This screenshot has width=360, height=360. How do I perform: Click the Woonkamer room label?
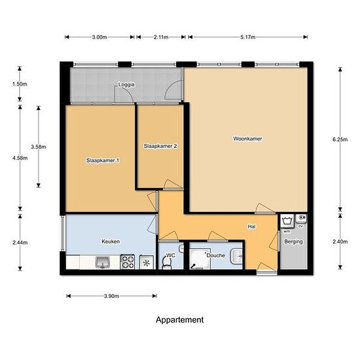coord(247,139)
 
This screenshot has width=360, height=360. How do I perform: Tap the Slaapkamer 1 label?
coord(103,160)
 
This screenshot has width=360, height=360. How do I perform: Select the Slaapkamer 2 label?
coord(160,146)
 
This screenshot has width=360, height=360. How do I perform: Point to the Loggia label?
coord(126,84)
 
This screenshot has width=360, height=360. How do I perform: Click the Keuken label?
coord(111,242)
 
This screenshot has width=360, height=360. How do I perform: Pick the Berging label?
coord(293,242)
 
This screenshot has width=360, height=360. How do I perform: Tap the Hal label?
coord(251,226)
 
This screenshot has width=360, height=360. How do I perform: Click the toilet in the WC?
coord(167,263)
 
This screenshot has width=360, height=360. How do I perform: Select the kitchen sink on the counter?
coord(103,262)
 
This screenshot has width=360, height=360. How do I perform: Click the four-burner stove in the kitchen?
coord(128,262)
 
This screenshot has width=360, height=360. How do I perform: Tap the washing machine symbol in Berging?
coord(287,221)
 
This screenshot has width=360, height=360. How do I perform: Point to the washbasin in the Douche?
coord(237,256)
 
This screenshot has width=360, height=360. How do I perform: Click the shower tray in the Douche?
coord(200,259)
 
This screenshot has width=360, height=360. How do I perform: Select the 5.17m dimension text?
coord(247,37)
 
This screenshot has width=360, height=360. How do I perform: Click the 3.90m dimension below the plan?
coord(111,296)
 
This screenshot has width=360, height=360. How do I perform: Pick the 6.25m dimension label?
coord(340,139)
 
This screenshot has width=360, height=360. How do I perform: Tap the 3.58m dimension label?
coord(39,147)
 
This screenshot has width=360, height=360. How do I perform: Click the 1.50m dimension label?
coord(20,84)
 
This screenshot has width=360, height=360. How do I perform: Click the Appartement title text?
coord(180,320)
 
